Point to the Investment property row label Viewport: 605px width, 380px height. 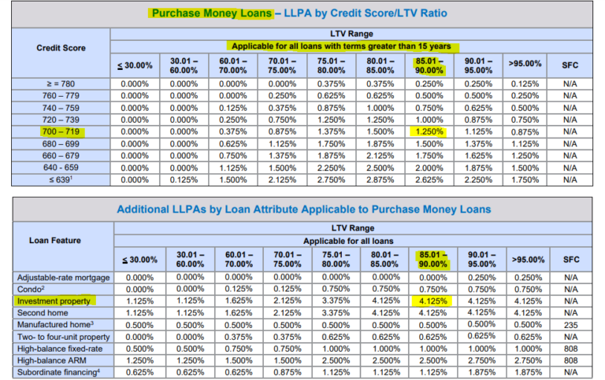tap(53, 300)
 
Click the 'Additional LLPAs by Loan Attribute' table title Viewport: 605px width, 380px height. tap(302, 209)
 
